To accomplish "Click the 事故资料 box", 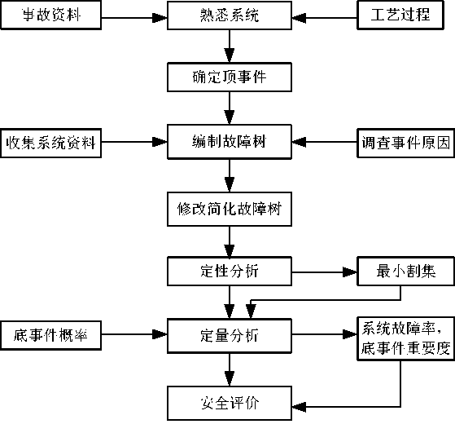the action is coord(50,15).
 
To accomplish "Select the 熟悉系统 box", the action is coord(230,15).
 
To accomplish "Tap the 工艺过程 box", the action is coord(400,15).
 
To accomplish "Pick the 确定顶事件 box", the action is coord(230,77).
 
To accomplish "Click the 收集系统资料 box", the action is coord(50,143).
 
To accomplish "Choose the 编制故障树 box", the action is coord(230,142).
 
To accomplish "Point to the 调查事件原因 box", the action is coord(405,143).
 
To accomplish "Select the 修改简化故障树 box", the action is coord(230,209).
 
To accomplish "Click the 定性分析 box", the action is coord(230,272).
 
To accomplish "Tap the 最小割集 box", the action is coord(405,272).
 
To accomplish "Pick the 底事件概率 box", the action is coord(50,335).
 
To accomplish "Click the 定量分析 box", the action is coord(230,336).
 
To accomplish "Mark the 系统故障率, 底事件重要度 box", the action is coord(405,339).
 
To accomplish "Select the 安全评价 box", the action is coord(230,403).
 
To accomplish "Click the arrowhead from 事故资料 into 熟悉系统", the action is coord(160,18).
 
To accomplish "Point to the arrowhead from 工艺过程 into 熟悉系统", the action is coord(299,18).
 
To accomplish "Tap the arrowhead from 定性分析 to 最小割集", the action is coord(350,272).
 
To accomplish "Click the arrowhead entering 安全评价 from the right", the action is coord(299,407).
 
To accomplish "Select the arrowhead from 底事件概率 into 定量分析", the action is coord(160,334).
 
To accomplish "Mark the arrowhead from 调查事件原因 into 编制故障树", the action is coord(299,142).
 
